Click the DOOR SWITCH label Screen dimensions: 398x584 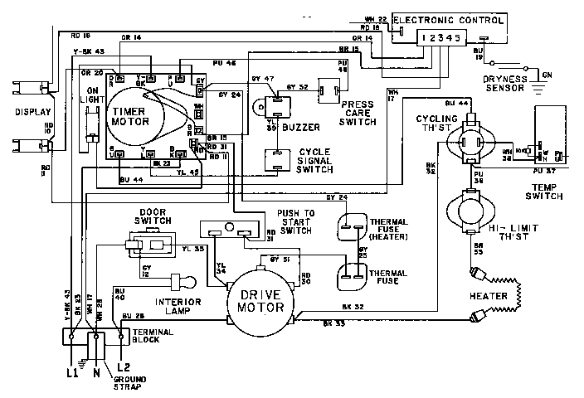154,216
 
